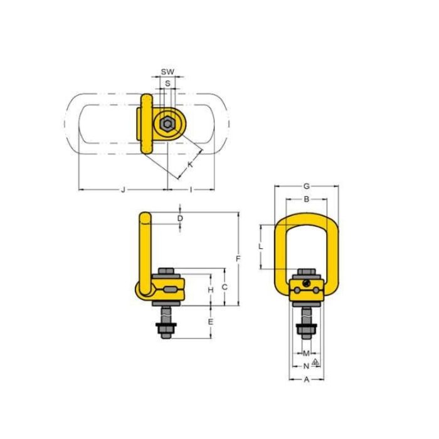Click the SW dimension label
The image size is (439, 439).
click(x=167, y=71)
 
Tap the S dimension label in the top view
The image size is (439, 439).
click(x=167, y=83)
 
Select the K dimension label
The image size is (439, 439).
click(x=190, y=164)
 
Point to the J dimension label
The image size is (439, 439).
click(x=123, y=190)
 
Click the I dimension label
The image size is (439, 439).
click(x=191, y=190)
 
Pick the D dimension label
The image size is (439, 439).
click(x=180, y=218)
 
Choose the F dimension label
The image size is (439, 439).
click(x=238, y=258)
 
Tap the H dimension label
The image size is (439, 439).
click(x=211, y=290)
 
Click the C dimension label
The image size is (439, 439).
click(x=225, y=287)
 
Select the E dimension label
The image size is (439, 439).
click(x=211, y=322)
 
